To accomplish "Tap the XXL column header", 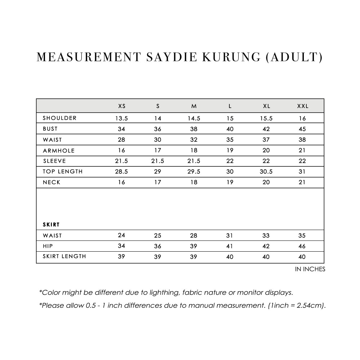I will pos(302,106).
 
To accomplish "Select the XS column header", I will pos(122,106).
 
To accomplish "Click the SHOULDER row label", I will pos(60,118).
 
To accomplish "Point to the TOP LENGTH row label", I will pos(63,171).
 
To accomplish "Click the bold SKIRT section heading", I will pos(51,225).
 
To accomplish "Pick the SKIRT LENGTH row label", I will pos(64,257).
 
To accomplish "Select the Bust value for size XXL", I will pos(302,129).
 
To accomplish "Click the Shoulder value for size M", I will pos(194,118).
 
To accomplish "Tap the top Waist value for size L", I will pos(230,140).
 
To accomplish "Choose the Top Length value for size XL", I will pos(266,172).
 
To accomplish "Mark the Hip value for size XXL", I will pos(302,246).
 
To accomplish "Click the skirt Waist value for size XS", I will pos(122,235).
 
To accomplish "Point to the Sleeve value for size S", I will pos(158,161).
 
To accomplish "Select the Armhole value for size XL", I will pos(266,150).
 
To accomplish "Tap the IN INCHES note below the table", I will pos(310,269).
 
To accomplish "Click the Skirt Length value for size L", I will pos(230,257).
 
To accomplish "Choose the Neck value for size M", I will pos(194,182).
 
